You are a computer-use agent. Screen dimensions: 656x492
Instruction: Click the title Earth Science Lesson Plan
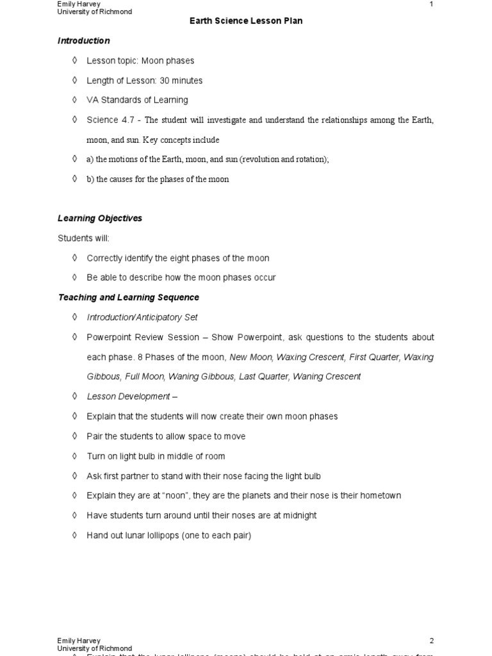pos(246,21)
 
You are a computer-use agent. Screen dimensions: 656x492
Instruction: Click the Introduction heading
pos(83,41)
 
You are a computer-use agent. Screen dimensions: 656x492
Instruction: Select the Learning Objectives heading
pos(100,218)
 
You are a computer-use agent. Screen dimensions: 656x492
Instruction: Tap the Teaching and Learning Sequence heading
pos(128,298)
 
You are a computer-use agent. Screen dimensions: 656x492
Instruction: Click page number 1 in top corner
pos(431,4)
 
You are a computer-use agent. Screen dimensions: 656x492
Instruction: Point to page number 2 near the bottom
pos(431,641)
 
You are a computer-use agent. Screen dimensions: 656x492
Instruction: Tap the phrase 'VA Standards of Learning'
pos(137,101)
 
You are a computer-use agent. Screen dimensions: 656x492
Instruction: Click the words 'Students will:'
pos(83,238)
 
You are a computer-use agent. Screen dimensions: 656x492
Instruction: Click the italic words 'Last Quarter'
pos(263,377)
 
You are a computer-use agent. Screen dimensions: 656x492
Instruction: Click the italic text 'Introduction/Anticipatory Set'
pos(142,318)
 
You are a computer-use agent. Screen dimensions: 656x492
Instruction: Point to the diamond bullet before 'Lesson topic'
pos(74,61)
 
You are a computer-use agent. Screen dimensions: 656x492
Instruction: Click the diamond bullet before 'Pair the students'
pos(74,436)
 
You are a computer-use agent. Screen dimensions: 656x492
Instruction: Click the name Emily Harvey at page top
pos(79,4)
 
